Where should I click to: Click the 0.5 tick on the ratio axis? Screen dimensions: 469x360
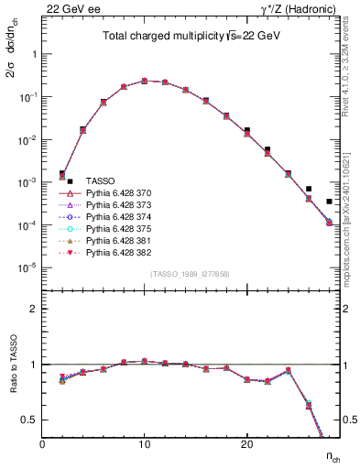point(30,420)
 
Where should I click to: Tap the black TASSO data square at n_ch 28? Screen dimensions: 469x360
point(329,202)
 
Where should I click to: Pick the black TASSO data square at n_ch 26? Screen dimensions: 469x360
point(309,189)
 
